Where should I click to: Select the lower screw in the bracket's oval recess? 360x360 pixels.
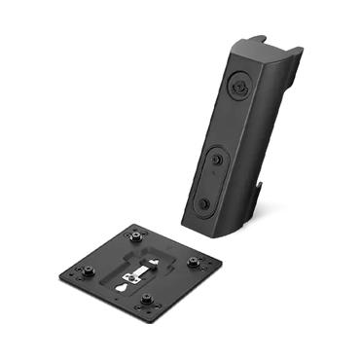pos(205,202)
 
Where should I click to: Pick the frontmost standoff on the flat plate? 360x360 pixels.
pos(150,301)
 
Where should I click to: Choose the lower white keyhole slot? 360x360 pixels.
pos(121,286)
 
